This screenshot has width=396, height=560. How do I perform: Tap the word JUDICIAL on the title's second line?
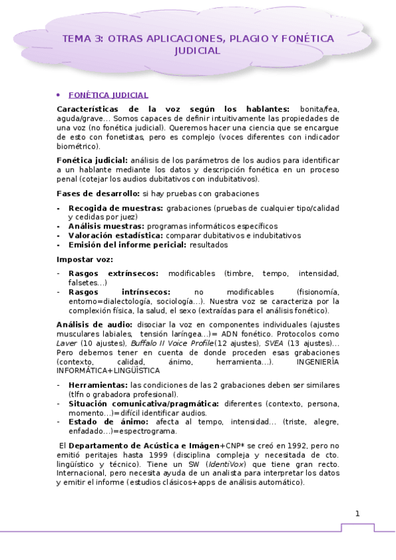198,50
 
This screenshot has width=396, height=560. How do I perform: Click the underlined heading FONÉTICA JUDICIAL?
108,95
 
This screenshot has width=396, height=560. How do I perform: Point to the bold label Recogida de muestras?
116,208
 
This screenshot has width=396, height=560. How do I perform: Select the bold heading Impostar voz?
85,259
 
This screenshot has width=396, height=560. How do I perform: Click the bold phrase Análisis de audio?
95,324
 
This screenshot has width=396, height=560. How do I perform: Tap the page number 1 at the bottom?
358,514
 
